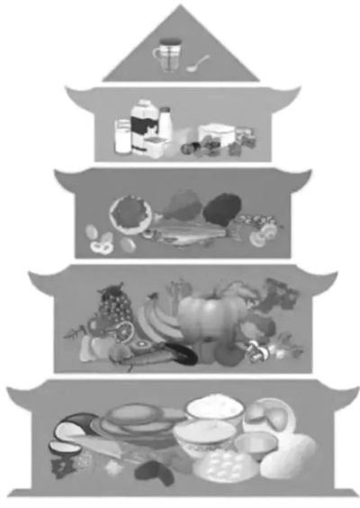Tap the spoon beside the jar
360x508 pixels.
[x=199, y=64]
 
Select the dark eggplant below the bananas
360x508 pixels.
[x=175, y=354]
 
